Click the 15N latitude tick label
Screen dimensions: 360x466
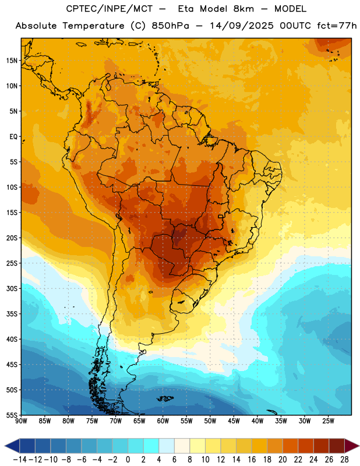click(12, 61)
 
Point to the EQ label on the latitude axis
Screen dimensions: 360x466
click(13, 137)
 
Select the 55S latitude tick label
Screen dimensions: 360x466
click(12, 415)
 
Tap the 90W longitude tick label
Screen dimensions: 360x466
click(21, 421)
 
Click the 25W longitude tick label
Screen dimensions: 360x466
click(328, 421)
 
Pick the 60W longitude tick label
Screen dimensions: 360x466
click(163, 421)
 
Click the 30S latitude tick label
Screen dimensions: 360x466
click(12, 288)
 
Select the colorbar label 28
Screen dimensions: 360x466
click(344, 460)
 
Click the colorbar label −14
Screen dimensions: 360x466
click(20, 460)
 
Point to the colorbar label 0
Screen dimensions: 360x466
click(128, 460)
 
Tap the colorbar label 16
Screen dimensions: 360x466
click(252, 460)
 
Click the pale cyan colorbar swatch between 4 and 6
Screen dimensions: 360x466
click(167, 446)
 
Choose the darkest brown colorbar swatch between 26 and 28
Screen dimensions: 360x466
click(337, 446)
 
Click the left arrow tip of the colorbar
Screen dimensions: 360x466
click(5, 446)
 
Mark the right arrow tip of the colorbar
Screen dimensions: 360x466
click(359, 446)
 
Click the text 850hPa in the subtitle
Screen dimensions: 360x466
click(170, 26)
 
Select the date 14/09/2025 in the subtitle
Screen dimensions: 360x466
click(241, 26)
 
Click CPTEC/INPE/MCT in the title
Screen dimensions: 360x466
click(109, 9)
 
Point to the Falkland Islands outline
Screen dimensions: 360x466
click(165, 398)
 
